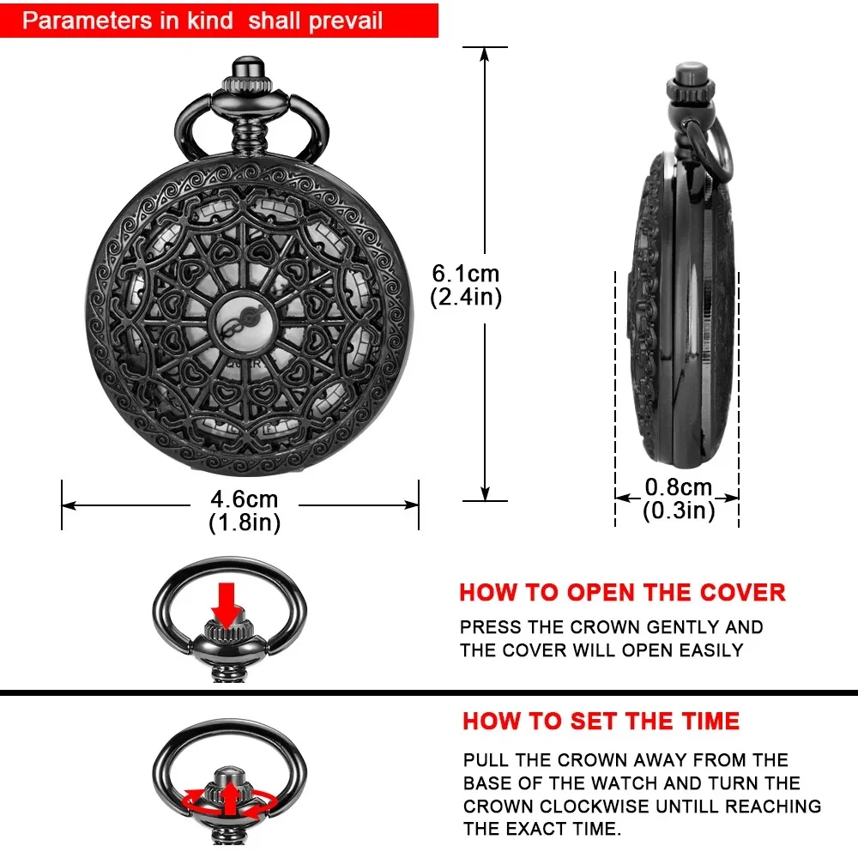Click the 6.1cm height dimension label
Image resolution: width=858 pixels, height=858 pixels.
(x=466, y=275)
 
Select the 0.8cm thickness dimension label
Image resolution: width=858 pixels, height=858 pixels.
(x=678, y=487)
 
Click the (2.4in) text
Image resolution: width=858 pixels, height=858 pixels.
(x=466, y=297)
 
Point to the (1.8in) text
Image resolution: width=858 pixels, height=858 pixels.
(x=245, y=522)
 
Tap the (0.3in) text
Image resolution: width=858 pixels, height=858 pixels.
(x=678, y=511)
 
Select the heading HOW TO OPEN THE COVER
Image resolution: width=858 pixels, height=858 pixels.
(x=622, y=593)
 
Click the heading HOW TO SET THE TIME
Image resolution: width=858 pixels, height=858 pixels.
(x=601, y=721)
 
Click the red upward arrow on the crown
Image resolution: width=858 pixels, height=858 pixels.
(x=230, y=796)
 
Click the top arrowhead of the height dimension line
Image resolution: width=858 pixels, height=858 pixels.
(x=485, y=53)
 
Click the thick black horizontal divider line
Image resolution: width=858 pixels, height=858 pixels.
(x=429, y=691)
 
